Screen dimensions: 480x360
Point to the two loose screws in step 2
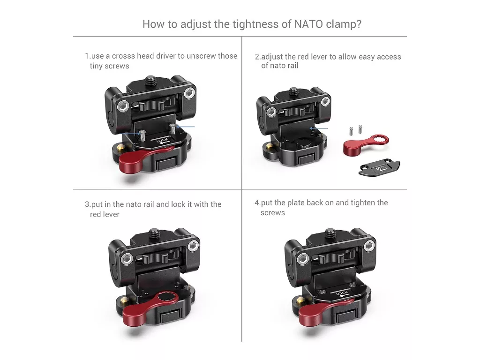coord(355,130)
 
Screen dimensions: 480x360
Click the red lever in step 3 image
coord(147,307)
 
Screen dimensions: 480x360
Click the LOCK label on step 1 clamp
coord(162,141)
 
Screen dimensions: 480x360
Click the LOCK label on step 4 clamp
coord(342,294)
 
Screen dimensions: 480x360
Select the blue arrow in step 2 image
coord(319,128)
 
